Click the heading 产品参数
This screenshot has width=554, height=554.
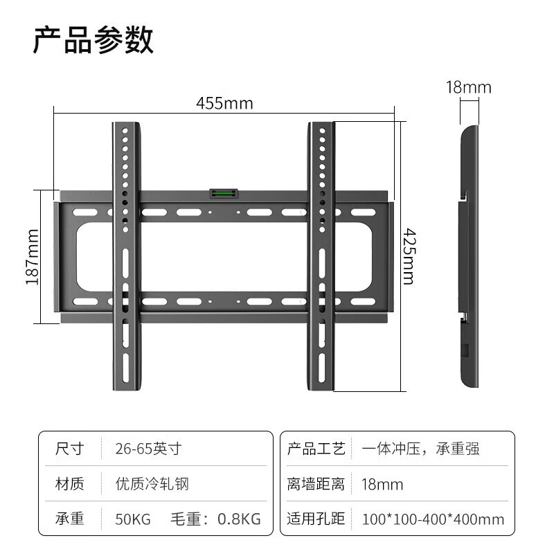pyautogui.click(x=93, y=39)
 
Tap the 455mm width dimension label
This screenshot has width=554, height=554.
pyautogui.click(x=224, y=103)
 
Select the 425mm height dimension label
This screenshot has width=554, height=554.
pyautogui.click(x=409, y=256)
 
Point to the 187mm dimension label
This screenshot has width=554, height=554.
pyautogui.click(x=32, y=257)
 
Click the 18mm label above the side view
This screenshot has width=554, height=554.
pyautogui.click(x=469, y=87)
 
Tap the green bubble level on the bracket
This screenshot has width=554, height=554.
pyautogui.click(x=224, y=193)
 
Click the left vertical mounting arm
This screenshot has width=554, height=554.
pyautogui.click(x=126, y=256)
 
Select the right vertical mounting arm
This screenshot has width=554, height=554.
pyautogui.click(x=321, y=256)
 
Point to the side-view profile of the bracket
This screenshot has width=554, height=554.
pyautogui.click(x=470, y=256)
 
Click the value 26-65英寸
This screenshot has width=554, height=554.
pyautogui.click(x=148, y=449)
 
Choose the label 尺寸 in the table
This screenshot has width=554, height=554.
pyautogui.click(x=70, y=449)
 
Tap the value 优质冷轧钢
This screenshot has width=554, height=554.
pyautogui.click(x=152, y=483)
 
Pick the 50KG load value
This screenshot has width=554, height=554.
pyautogui.click(x=133, y=519)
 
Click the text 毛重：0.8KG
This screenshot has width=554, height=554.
pyautogui.click(x=216, y=519)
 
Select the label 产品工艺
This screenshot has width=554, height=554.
pyautogui.click(x=316, y=449)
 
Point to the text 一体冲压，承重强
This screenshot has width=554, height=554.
pyautogui.click(x=420, y=449)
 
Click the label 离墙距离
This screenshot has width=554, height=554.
pyautogui.click(x=316, y=483)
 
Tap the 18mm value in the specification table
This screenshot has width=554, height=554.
pyautogui.click(x=382, y=484)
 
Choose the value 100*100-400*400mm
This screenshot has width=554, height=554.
pyautogui.click(x=434, y=519)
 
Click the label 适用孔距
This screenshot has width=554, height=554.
pyautogui.click(x=316, y=519)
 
